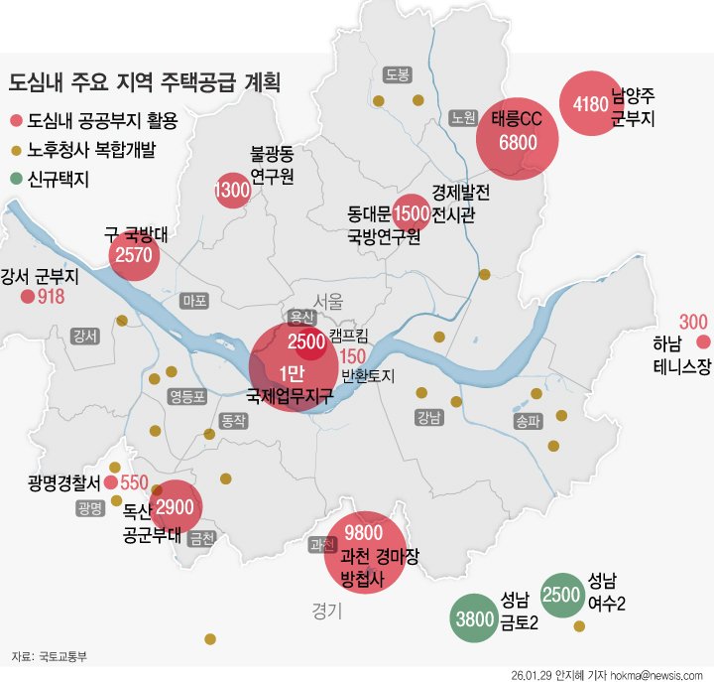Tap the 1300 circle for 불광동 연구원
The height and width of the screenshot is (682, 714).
[x=232, y=191]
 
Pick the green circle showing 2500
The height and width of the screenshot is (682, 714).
[x=562, y=595]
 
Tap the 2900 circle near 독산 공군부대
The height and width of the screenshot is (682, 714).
[x=174, y=506]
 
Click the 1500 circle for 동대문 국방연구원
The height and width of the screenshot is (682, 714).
[x=411, y=212]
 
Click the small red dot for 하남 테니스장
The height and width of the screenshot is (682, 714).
[x=704, y=342]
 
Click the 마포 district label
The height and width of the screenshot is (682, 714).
[x=193, y=300]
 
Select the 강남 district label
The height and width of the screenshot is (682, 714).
[x=429, y=417]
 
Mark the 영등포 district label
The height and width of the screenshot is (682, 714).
[x=187, y=397]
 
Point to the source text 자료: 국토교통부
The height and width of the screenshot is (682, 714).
[x=50, y=656]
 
